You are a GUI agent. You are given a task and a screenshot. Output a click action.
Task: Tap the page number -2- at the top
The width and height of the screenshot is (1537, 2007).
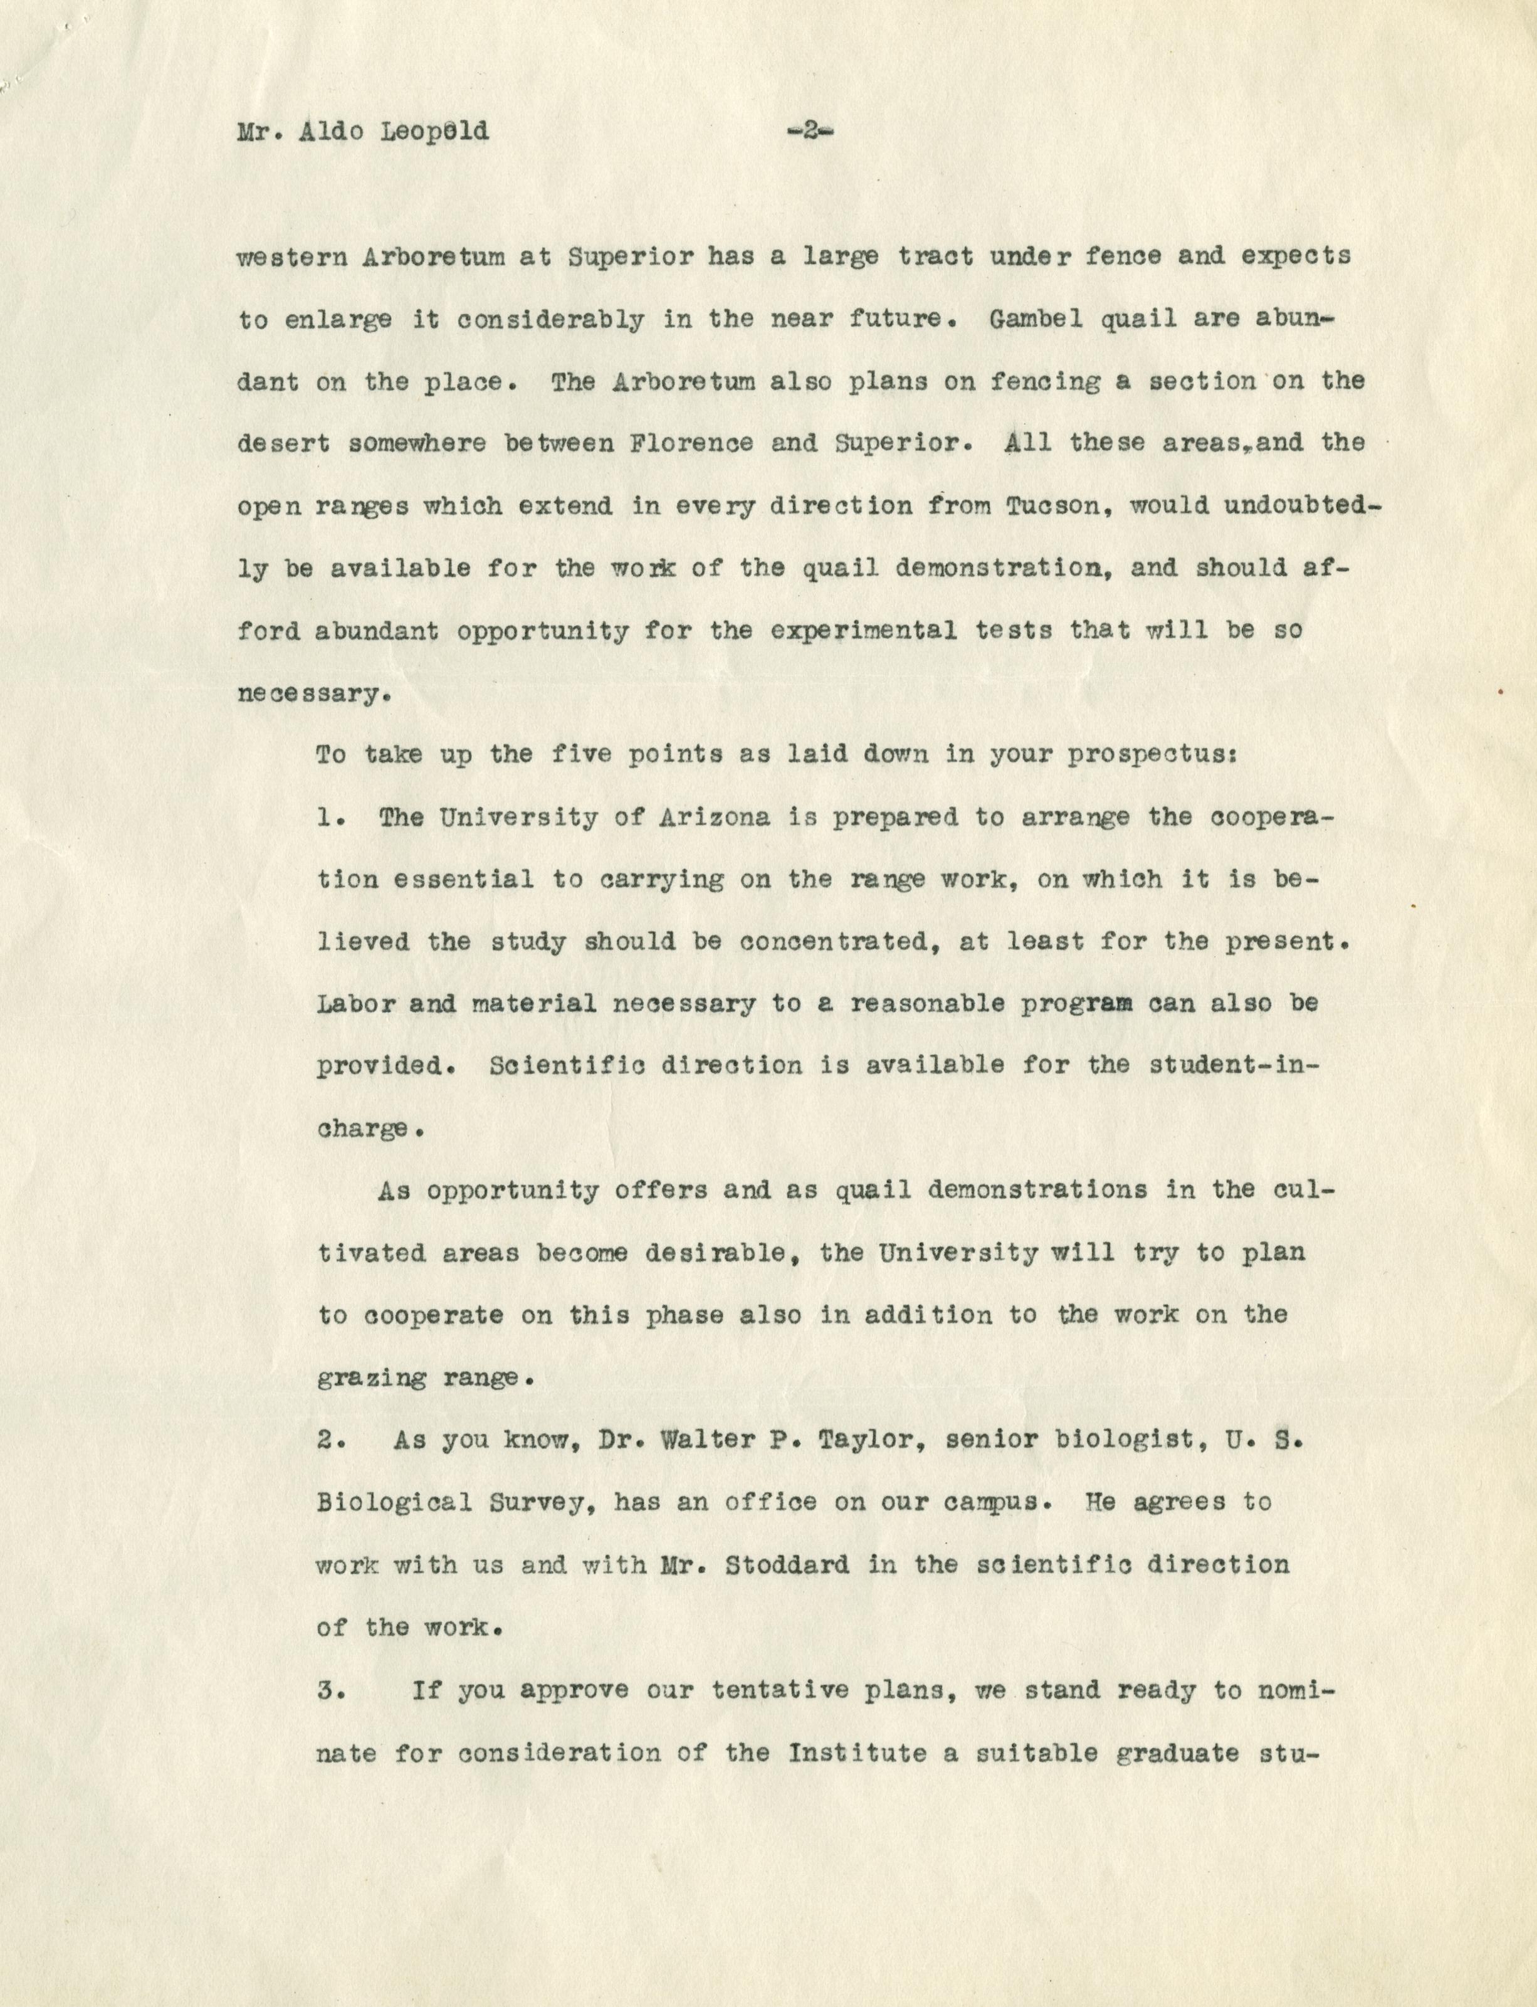tap(810, 132)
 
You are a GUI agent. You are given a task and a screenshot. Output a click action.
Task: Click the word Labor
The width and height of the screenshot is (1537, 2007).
tap(356, 1004)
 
